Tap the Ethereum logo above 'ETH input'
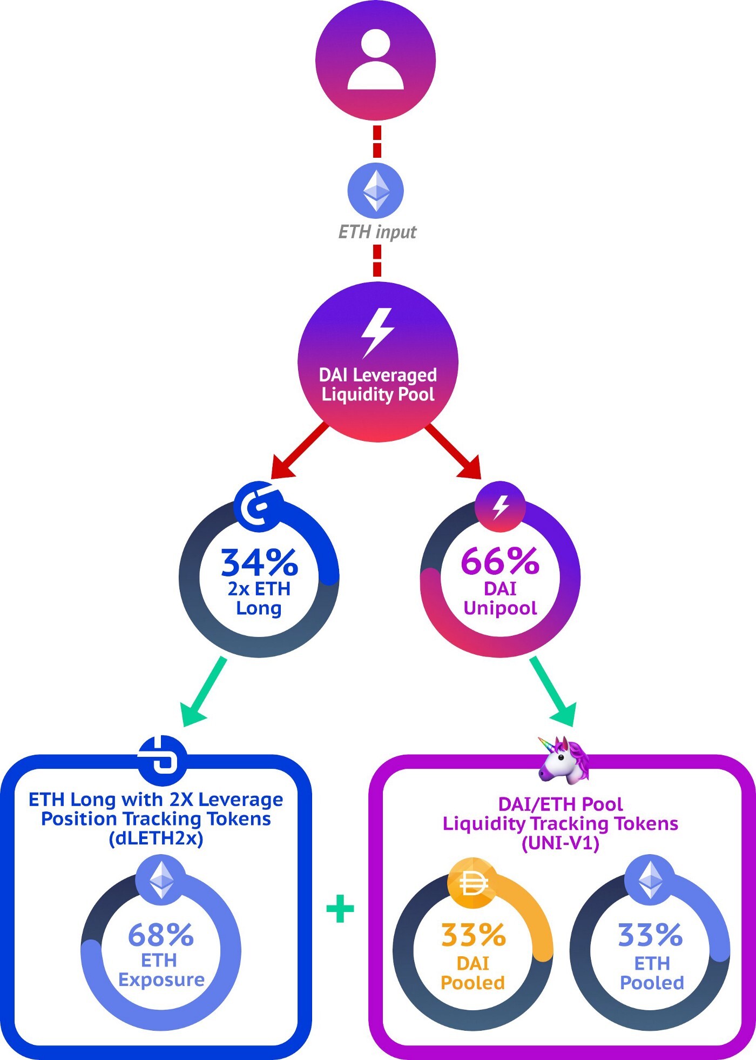pos(376,191)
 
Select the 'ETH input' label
pos(377,232)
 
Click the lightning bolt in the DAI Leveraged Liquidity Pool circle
pos(377,332)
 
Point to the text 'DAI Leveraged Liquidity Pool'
pos(378,385)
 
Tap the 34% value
pos(259,562)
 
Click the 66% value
pos(500,561)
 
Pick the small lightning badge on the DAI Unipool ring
pos(500,507)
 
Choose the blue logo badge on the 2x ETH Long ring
pos(258,507)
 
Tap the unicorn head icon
pos(563,759)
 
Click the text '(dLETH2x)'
pos(156,838)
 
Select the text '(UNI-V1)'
pos(561,843)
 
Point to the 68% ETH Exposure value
pos(161,935)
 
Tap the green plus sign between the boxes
pos(341,908)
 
